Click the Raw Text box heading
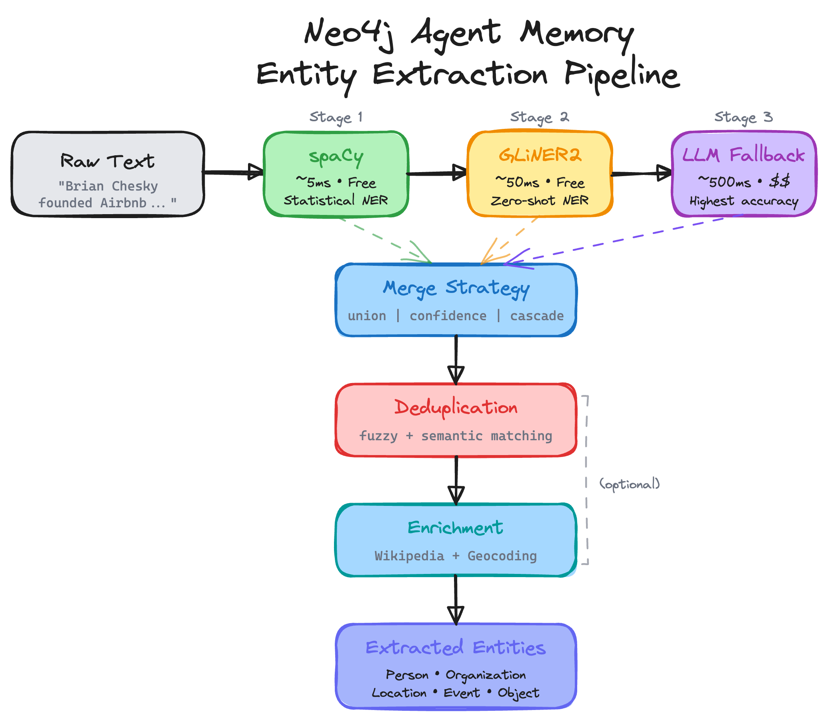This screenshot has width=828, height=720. [107, 162]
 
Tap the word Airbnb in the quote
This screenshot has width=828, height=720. [123, 203]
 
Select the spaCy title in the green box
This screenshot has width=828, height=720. [336, 157]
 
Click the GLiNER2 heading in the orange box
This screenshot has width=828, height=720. [540, 155]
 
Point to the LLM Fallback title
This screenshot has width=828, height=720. [743, 155]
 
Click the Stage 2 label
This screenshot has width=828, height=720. [539, 117]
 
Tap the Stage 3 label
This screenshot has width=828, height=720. [743, 117]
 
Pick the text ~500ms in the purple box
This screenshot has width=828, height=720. [724, 182]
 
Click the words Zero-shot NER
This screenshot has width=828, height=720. [539, 201]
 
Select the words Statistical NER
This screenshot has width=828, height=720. [336, 200]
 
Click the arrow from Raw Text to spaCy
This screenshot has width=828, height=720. [233, 172]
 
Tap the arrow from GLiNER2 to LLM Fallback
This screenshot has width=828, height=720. [641, 174]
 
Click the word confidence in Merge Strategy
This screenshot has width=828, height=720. [448, 316]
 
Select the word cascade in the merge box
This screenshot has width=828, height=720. [536, 316]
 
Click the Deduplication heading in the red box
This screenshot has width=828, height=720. [456, 407]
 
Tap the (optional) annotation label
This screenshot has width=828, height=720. [629, 484]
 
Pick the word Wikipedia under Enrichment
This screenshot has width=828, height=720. [409, 556]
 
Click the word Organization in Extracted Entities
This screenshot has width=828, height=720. [486, 675]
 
